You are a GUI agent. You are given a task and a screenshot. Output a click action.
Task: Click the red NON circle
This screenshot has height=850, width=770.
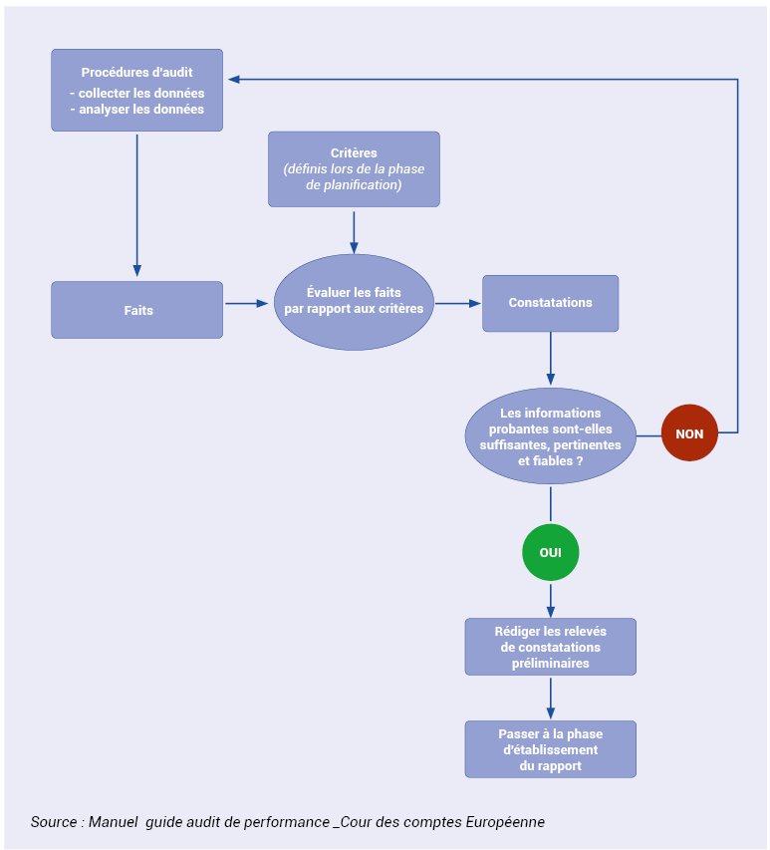click(689, 433)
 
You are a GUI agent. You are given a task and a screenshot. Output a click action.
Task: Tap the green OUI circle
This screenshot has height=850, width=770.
click(551, 552)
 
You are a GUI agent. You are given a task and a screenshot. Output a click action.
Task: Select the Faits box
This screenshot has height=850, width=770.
click(137, 310)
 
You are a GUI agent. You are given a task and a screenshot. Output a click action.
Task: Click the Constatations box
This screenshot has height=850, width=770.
click(551, 304)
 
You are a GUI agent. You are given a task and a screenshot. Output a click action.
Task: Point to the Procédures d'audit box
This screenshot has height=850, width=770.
click(137, 90)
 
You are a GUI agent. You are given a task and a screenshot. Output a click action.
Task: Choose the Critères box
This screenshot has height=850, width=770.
click(354, 169)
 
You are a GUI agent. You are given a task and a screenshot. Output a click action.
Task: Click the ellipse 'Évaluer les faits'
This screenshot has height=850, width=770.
click(354, 302)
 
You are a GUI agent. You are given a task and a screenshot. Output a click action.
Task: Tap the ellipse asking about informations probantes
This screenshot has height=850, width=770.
click(551, 436)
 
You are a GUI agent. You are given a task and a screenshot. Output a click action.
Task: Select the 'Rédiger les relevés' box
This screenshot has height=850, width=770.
click(551, 647)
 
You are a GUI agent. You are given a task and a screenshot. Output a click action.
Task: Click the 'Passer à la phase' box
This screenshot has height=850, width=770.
click(551, 749)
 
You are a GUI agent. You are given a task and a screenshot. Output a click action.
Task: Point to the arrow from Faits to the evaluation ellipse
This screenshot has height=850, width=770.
click(247, 304)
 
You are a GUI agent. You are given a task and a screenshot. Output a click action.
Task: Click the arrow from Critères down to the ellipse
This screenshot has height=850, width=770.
click(354, 232)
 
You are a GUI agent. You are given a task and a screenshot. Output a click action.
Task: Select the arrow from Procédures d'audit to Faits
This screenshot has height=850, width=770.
click(137, 205)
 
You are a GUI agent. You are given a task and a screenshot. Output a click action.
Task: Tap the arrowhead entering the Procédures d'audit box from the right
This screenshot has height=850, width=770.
click(234, 79)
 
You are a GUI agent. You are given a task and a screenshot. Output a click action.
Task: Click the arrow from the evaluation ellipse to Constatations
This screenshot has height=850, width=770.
click(458, 304)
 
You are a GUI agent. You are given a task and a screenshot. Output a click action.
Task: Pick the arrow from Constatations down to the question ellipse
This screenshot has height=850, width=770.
click(551, 359)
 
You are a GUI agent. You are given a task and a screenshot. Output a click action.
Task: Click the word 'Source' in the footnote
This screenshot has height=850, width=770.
click(54, 822)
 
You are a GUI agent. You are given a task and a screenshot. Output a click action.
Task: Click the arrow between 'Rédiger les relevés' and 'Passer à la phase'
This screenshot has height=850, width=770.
click(551, 699)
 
